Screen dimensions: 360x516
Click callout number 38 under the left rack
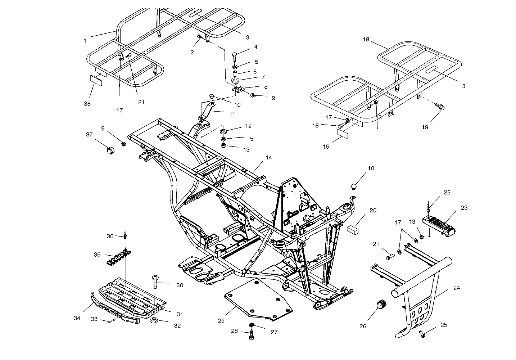point(87,104)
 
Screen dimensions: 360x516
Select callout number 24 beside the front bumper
point(457,288)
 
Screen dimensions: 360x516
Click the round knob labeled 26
point(382,305)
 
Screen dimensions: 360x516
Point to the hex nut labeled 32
point(154,320)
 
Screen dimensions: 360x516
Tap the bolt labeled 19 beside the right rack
point(440,107)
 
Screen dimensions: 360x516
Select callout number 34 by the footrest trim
point(77,318)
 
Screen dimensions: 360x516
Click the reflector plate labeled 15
point(343,133)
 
